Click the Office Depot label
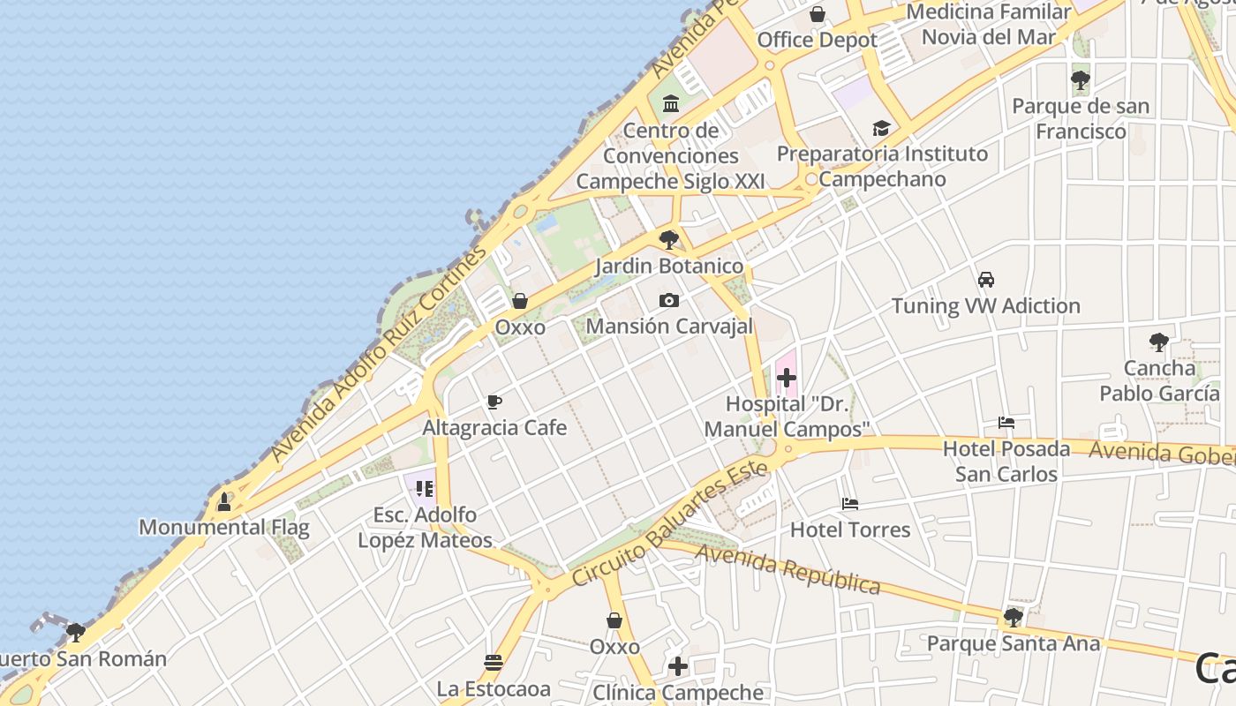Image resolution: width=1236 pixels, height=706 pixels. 817,40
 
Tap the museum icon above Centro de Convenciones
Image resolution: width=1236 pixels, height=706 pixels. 671,104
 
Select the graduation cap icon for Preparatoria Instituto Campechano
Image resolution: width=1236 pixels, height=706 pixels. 881,129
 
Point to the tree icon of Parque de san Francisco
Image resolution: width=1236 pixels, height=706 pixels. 1080,81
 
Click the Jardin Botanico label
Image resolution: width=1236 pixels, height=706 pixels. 668,266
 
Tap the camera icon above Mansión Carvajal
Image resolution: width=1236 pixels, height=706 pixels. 669,300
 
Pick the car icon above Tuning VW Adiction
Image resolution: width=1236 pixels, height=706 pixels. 986,280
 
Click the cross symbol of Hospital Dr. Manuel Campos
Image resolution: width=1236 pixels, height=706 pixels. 786,379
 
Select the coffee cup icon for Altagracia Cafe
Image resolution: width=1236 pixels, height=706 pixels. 494,402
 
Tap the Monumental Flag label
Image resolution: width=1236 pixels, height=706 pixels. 224,528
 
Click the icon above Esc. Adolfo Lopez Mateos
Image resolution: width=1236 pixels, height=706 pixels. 425,488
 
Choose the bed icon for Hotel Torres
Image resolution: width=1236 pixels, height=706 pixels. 850,504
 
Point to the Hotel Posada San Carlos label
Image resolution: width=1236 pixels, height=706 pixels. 1006,462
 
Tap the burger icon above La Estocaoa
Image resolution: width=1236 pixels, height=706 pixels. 494,662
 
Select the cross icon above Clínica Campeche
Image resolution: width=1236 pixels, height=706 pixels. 677,666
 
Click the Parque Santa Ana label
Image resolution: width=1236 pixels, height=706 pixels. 1013,643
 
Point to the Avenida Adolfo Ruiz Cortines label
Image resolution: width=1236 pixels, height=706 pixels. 380,353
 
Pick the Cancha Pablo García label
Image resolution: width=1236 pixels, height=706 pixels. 1158,380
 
